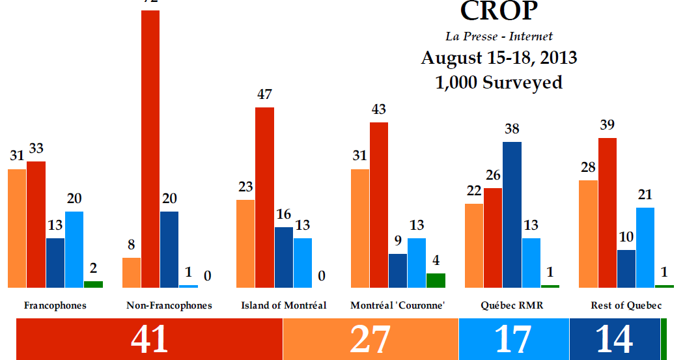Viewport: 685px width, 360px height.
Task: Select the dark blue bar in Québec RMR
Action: tap(512, 214)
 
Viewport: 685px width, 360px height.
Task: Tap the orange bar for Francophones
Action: tap(17, 228)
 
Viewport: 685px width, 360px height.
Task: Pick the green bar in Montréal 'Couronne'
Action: tap(436, 280)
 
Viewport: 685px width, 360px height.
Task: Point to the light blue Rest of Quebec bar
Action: tap(645, 247)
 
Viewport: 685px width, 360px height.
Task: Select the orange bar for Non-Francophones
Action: tap(132, 272)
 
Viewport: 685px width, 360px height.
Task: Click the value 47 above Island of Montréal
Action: tap(264, 95)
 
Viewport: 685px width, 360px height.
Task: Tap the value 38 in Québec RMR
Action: tap(512, 130)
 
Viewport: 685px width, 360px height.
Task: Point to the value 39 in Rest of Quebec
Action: tap(608, 126)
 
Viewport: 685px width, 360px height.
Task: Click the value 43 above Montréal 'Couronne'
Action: tap(378, 110)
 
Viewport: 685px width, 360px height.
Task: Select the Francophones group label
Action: tap(55, 305)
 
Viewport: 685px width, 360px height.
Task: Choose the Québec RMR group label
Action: tap(502, 305)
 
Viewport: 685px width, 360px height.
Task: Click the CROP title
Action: tap(498, 11)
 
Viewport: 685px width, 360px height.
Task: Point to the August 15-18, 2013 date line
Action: tap(499, 58)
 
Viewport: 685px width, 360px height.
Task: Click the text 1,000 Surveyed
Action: tap(499, 83)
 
